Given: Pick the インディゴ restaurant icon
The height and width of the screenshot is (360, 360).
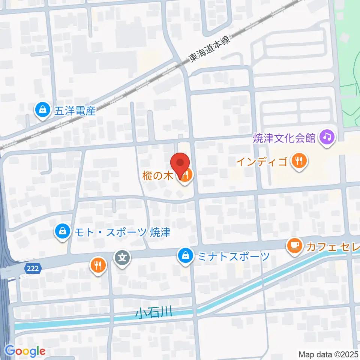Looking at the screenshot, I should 298,162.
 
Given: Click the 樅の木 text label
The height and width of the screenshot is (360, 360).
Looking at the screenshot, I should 157,175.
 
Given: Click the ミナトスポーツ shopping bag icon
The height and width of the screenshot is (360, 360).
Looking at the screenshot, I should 185,256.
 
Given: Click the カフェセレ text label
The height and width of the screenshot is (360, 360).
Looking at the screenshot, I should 332,247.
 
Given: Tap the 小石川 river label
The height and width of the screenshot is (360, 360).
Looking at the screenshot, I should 154,312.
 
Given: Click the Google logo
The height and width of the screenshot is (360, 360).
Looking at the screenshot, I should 25,351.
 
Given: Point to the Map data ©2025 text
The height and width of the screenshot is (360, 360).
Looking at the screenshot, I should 328,354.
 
